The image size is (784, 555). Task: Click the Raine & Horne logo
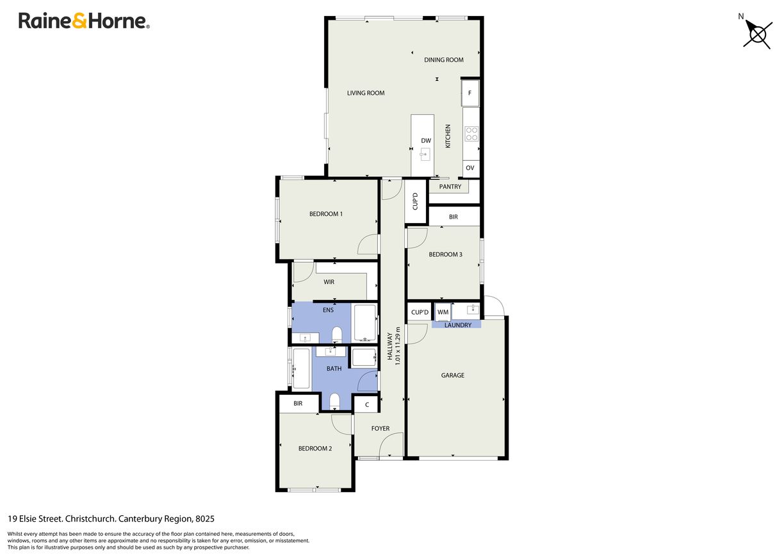click(x=84, y=21)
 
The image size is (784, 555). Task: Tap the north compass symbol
click(x=757, y=34)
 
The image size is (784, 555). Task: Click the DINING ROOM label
click(x=444, y=60)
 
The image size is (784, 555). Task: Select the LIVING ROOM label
click(x=366, y=93)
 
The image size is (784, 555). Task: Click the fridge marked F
click(x=470, y=93)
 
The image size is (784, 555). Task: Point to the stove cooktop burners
click(x=471, y=134)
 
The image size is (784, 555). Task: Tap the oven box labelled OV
click(x=470, y=168)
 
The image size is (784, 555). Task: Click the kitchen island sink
click(x=425, y=154)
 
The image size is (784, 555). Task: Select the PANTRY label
click(x=450, y=186)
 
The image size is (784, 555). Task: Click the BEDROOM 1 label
click(x=326, y=214)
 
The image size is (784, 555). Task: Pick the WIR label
click(x=329, y=282)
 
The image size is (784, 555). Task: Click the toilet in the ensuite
click(x=337, y=335)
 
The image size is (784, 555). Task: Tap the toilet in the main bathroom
click(x=334, y=401)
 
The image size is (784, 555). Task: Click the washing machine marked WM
click(x=443, y=312)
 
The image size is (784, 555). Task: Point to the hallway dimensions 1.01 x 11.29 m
click(x=397, y=346)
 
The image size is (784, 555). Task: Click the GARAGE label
click(x=453, y=376)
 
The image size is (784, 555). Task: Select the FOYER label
click(x=380, y=429)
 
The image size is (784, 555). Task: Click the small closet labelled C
click(x=366, y=404)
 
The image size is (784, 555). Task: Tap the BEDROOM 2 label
click(x=315, y=449)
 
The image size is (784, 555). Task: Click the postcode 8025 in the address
click(x=205, y=518)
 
